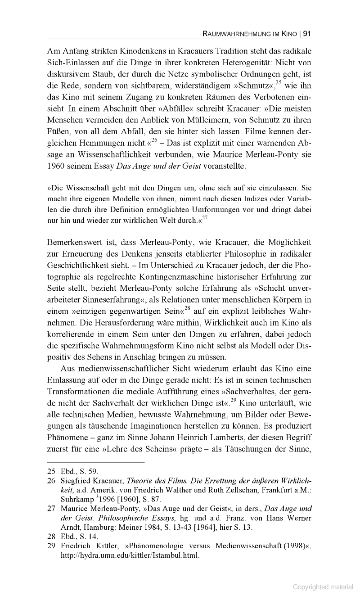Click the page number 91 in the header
click(308, 33)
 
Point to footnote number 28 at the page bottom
click(51, 536)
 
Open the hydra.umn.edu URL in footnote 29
click(130, 555)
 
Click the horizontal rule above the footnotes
click(96, 462)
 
